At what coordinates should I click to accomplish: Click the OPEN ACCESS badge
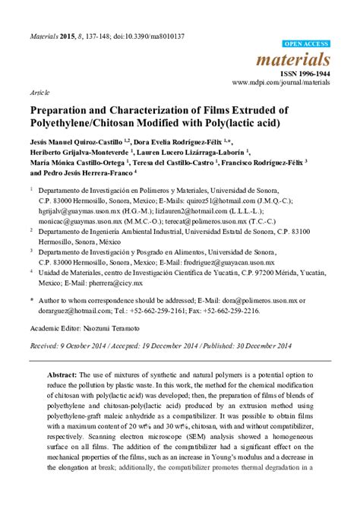point(306,44)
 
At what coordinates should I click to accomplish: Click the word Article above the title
point(39,91)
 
